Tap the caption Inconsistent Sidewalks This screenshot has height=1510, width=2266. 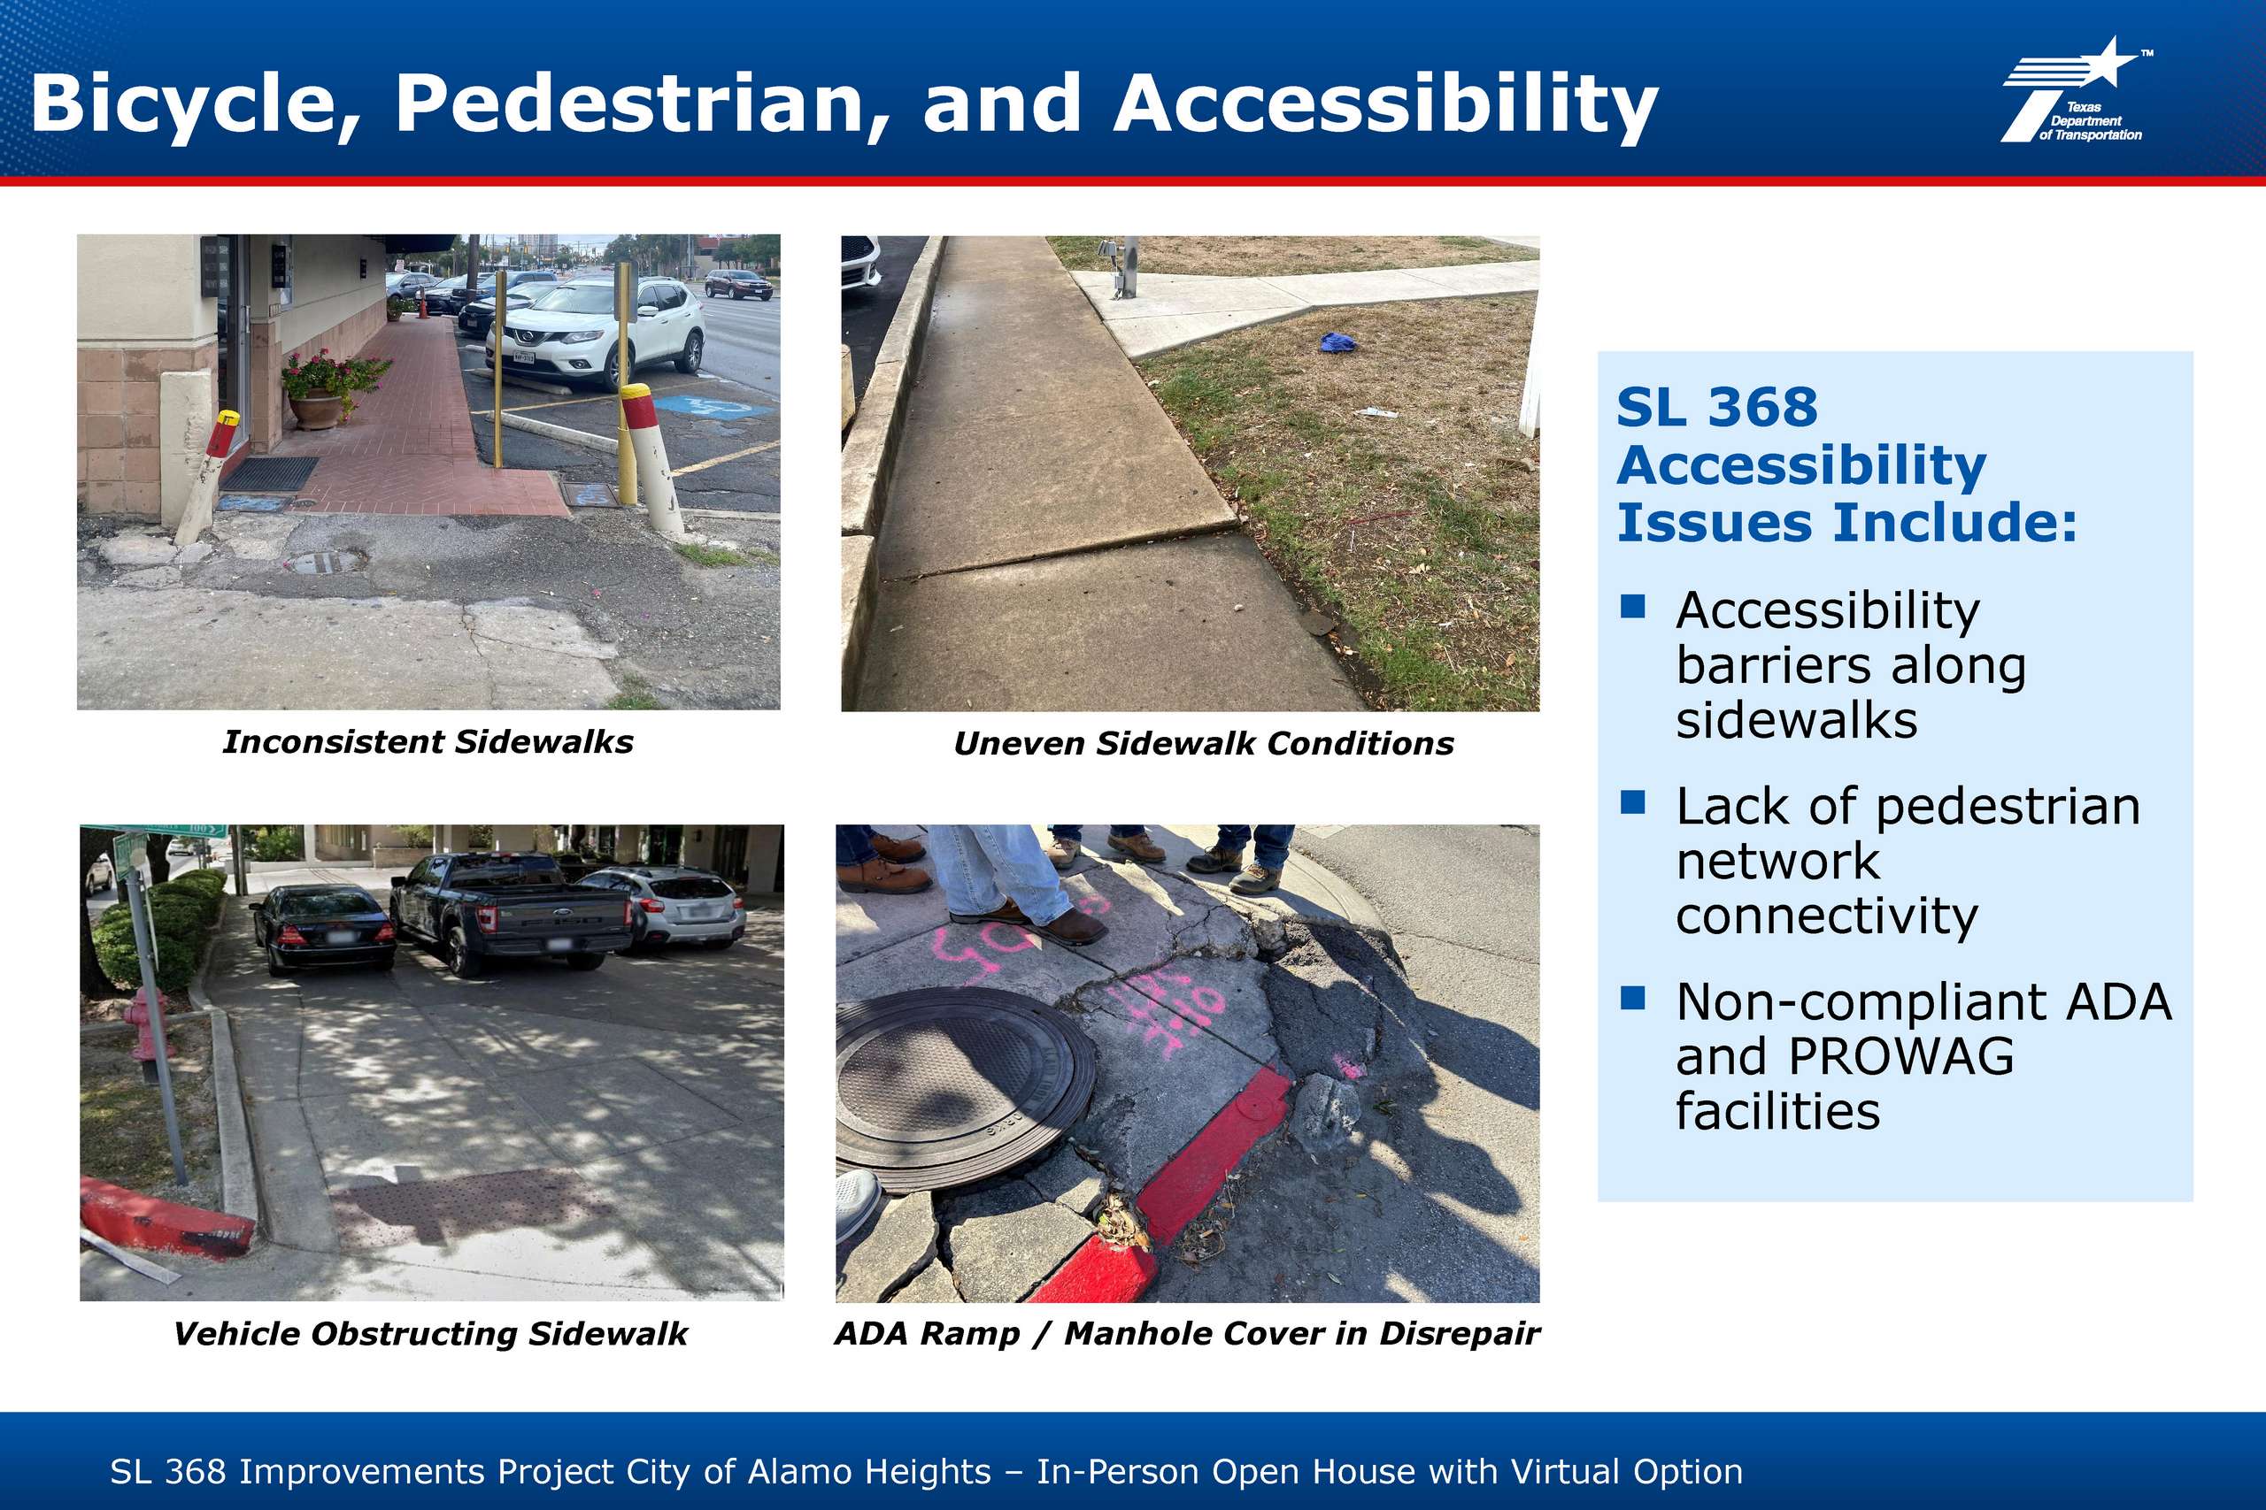click(x=428, y=741)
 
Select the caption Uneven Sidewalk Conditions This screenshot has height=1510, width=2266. click(x=1203, y=743)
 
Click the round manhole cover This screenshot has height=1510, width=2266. click(x=963, y=1088)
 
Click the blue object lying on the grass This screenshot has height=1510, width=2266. click(x=1337, y=341)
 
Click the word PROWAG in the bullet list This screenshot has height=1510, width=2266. click(x=1900, y=1056)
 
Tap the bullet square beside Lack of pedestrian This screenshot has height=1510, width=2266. click(x=1632, y=801)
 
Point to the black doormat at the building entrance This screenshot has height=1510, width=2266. click(x=269, y=474)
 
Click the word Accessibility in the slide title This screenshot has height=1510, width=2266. click(x=1384, y=105)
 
